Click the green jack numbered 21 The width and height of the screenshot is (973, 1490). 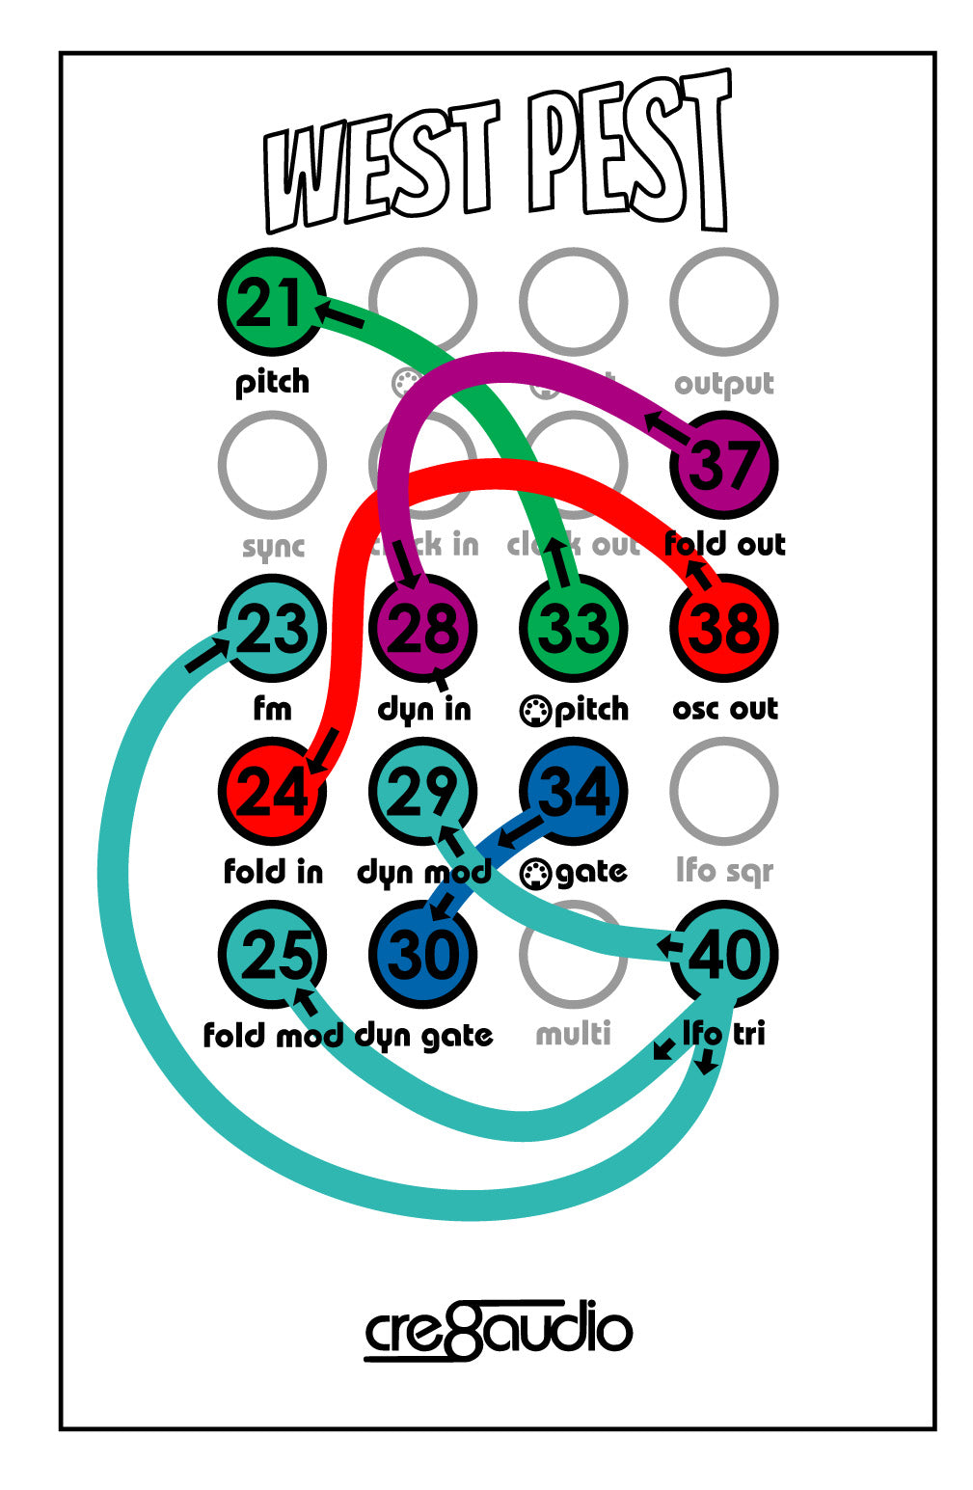[272, 302]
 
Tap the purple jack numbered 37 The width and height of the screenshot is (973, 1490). [723, 465]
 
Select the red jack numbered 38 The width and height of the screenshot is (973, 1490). [723, 628]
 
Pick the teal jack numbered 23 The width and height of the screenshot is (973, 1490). [272, 628]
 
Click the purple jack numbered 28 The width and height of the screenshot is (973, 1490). [422, 628]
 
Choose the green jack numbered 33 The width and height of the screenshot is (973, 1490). [573, 628]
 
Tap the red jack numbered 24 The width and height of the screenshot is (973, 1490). [272, 791]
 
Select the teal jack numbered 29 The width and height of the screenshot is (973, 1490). [422, 791]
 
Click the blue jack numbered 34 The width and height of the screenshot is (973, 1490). [573, 791]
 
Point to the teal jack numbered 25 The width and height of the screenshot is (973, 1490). [272, 954]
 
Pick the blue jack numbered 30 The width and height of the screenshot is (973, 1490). [422, 954]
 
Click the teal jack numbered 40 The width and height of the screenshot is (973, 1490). [723, 954]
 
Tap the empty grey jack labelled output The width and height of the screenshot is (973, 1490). [723, 302]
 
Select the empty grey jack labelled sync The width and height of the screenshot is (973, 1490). [272, 465]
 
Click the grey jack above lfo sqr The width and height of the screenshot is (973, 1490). [723, 791]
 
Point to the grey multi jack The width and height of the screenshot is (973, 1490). [573, 954]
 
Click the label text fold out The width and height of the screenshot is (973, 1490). [724, 544]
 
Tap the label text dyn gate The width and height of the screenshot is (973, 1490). [424, 1036]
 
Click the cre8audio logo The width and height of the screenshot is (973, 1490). [498, 1331]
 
